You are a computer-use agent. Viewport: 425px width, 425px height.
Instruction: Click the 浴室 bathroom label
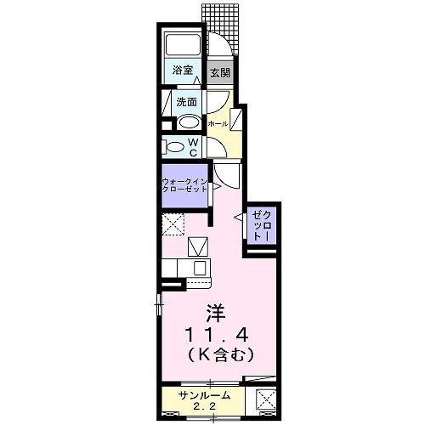coord(181,71)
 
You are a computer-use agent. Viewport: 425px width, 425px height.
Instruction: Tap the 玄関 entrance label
coord(220,72)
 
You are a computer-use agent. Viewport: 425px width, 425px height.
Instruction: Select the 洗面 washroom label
coord(187,102)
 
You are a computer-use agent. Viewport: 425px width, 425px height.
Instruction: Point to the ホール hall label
coord(218,124)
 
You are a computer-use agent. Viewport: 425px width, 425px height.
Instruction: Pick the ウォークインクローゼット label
coord(185,186)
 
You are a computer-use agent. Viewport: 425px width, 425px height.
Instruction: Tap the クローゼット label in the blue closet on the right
coord(258,226)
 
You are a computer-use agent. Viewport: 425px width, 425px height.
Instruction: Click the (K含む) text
coord(214,350)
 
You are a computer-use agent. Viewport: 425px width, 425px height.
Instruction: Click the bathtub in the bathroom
coord(181,46)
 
